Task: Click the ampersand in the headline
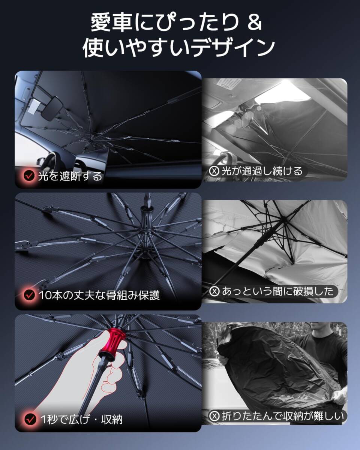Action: point(255,23)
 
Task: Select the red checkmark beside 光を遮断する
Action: point(29,175)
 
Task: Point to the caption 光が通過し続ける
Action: point(261,171)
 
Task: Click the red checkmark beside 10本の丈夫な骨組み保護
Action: point(29,295)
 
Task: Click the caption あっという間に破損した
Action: point(277,291)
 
